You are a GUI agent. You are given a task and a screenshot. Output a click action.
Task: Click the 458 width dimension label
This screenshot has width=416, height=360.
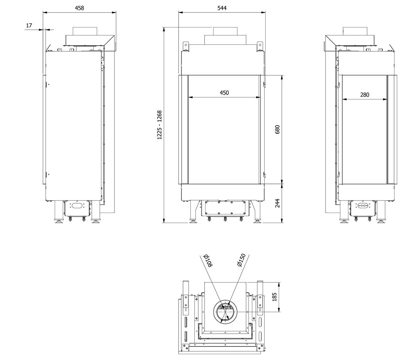tap(79, 8)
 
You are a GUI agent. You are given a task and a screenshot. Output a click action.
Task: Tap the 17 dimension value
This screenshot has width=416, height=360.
tap(29, 26)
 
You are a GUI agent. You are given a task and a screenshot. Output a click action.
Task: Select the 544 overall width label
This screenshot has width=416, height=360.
tap(222, 8)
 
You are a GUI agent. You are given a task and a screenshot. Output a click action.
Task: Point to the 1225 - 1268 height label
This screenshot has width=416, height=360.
tap(159, 125)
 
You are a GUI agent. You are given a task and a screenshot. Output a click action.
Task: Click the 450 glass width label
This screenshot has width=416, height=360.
tap(224, 93)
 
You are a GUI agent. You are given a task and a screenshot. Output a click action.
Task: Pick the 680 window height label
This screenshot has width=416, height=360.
tap(277, 129)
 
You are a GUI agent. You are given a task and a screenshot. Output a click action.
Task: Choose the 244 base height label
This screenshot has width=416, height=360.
tap(277, 203)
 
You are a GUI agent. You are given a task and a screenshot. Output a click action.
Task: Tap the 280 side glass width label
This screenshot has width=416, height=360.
tap(365, 95)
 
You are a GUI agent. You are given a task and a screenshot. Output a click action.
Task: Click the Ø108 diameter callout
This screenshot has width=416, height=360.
tap(208, 261)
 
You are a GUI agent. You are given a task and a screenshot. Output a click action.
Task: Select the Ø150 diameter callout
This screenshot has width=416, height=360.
tap(241, 260)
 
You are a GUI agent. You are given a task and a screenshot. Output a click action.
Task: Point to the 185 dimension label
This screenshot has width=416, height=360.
tap(274, 297)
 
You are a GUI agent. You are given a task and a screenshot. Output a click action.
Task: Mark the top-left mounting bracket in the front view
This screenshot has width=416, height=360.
tap(185, 46)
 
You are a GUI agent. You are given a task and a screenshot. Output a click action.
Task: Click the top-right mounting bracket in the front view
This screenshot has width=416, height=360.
tap(260, 46)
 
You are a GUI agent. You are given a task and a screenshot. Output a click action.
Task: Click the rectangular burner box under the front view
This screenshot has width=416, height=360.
tap(225, 208)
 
